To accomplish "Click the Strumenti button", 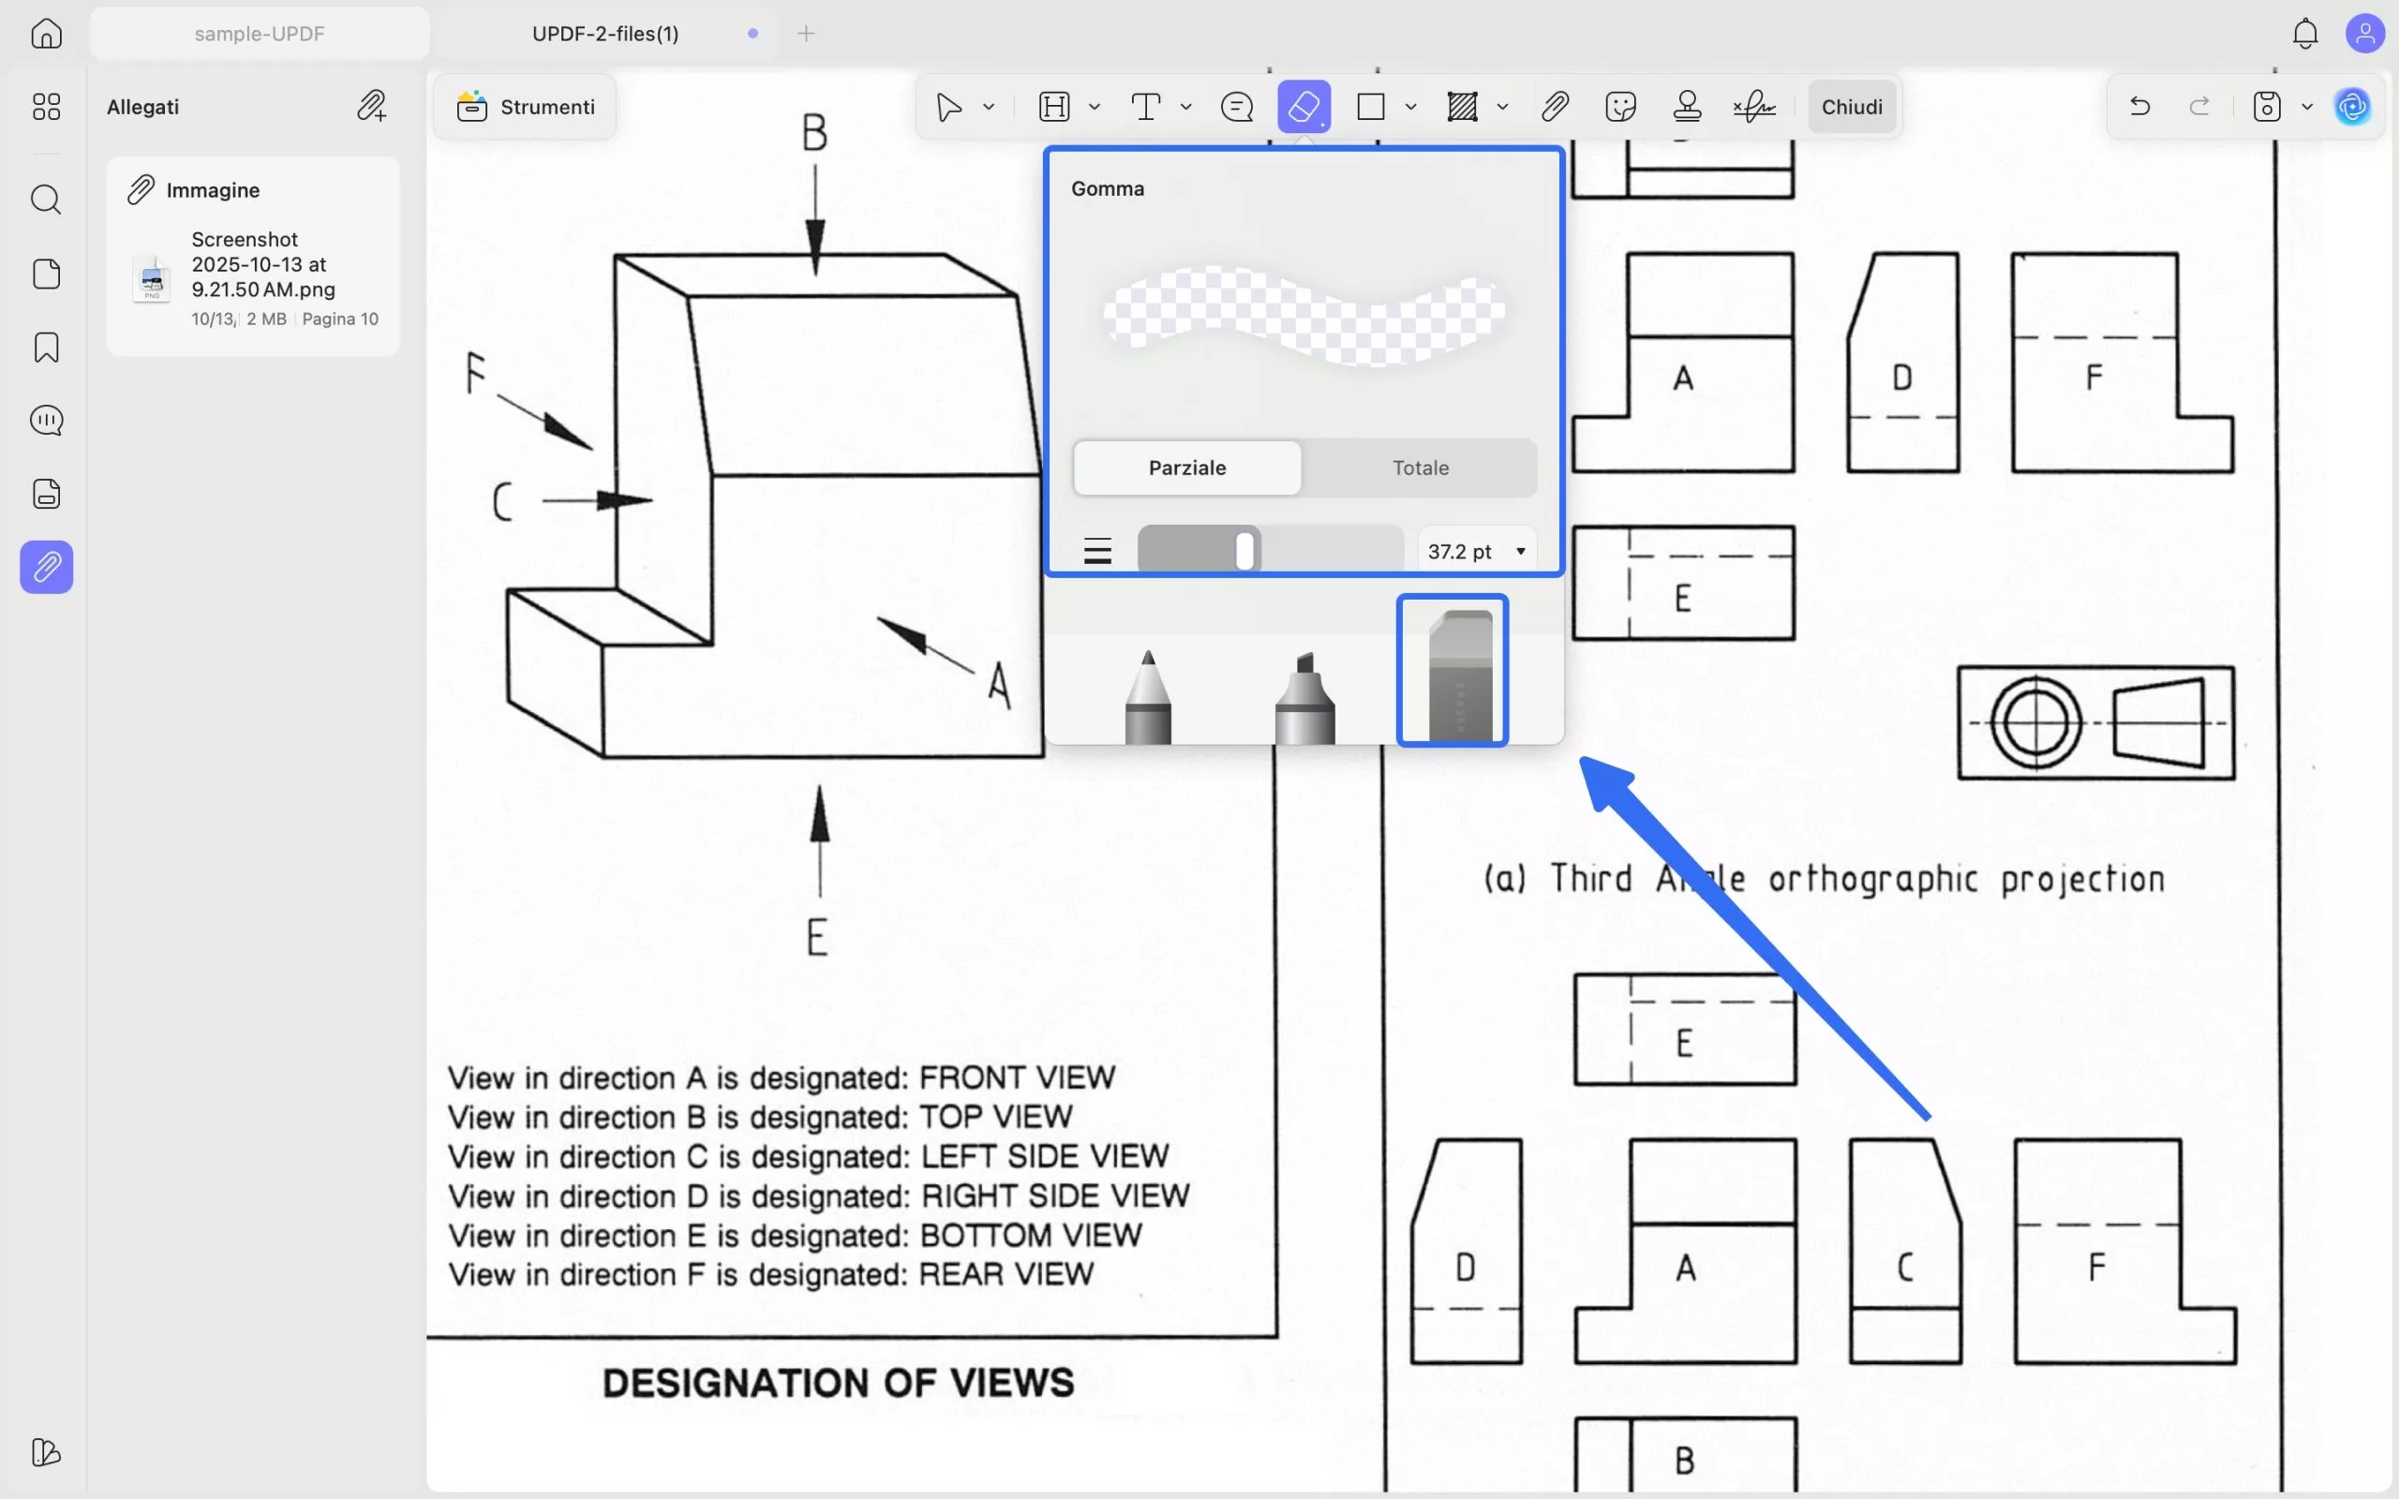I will click(526, 107).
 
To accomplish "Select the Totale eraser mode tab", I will click(1420, 468).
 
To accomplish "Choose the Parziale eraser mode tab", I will click(1186, 468).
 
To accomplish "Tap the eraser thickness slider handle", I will click(1245, 550).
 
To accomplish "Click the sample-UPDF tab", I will click(260, 34).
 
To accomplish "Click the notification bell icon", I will click(2305, 34).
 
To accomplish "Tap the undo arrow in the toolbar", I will click(2139, 106).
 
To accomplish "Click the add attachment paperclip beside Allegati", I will click(372, 106).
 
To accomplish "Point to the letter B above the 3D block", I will click(813, 133).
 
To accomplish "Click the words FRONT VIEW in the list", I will click(1017, 1077).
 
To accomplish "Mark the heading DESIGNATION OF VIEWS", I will click(838, 1383).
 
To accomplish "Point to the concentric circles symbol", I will click(2035, 722).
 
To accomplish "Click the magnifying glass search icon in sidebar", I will click(46, 200).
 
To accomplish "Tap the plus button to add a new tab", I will click(806, 34).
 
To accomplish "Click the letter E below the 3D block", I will click(817, 938).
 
